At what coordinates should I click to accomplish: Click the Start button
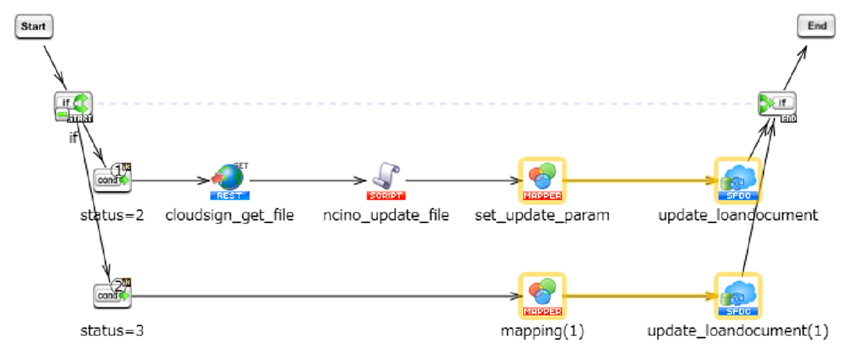coord(33,27)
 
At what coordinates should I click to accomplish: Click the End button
coord(816,26)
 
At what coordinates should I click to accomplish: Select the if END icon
coord(777,107)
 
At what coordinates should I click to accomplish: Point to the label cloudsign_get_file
coord(230,215)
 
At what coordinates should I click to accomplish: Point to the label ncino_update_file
coord(387,215)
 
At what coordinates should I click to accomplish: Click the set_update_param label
coord(542,215)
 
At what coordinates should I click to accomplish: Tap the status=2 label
coord(112,215)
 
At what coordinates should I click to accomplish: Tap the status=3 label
coord(112,331)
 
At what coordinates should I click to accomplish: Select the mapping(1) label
coord(542,331)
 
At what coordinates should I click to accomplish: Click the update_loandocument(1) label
coord(738,331)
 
